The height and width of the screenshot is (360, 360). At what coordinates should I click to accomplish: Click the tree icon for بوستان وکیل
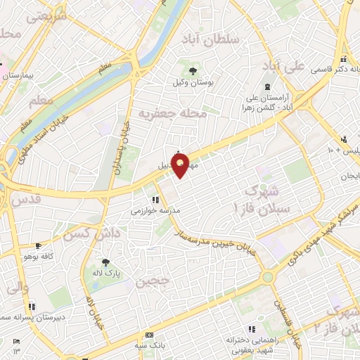(x=193, y=70)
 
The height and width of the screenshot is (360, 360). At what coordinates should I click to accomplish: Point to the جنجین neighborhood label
(x=153, y=283)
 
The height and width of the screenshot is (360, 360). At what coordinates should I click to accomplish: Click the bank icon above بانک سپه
(x=148, y=335)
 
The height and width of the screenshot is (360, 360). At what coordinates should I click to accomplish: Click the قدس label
(x=27, y=200)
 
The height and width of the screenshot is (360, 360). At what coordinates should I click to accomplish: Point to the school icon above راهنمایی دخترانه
(x=252, y=329)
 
